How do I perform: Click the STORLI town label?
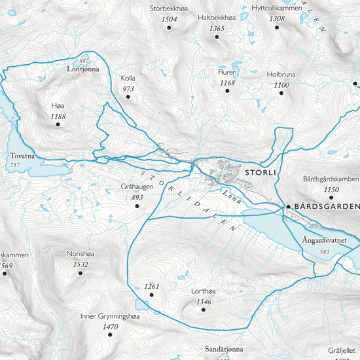260,173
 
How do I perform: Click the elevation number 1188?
58,117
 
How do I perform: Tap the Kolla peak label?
128,79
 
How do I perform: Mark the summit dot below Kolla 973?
128,97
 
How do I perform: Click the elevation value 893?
137,197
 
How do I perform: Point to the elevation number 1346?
204,302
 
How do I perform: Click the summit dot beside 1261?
151,295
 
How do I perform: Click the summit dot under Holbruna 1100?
282,93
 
